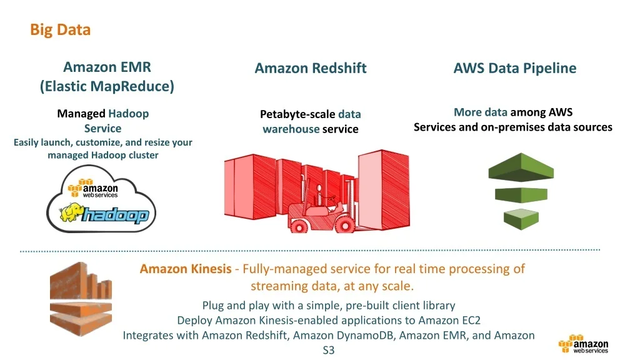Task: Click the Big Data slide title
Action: point(60,29)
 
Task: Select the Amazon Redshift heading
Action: point(310,68)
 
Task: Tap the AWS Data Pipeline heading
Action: point(514,68)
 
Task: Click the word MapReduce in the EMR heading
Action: point(132,86)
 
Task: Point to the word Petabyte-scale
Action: point(297,114)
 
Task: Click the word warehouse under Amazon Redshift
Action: point(291,129)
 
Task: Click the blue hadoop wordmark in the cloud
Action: point(116,216)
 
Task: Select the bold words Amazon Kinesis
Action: point(185,269)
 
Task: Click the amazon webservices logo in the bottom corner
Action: point(584,346)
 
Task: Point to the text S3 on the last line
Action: point(329,351)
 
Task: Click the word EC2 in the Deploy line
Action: point(469,321)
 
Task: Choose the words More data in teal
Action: point(480,112)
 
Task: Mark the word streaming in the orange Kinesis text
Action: point(277,286)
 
